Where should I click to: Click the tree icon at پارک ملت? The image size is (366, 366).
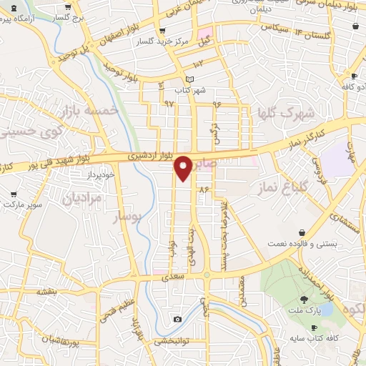pyautogui.click(x=304, y=300)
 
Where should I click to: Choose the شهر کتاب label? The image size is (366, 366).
pyautogui.click(x=192, y=90)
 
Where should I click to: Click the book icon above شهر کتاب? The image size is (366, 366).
pyautogui.click(x=189, y=79)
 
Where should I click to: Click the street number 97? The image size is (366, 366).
pyautogui.click(x=169, y=104)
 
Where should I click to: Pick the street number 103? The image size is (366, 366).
pyautogui.click(x=198, y=64)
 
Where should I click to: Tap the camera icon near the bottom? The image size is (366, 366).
pyautogui.click(x=177, y=319)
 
